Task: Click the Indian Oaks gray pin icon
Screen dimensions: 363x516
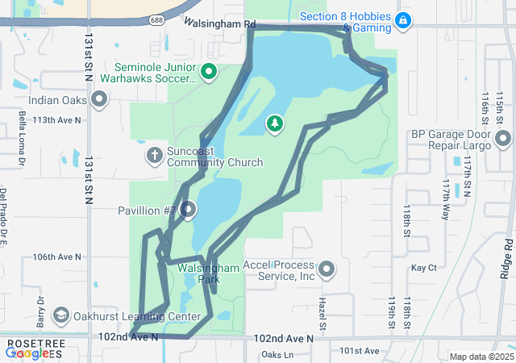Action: click(x=100, y=99)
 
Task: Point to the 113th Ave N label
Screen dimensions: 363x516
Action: click(x=57, y=120)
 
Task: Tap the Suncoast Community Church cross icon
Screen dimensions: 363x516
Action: click(x=154, y=154)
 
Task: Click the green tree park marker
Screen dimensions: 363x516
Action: click(x=275, y=123)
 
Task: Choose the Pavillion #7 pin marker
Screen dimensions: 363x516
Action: click(x=189, y=211)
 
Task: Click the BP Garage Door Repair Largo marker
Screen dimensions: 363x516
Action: click(x=503, y=140)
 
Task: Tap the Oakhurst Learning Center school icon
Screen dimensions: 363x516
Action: click(x=60, y=315)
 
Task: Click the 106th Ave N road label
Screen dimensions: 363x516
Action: click(x=57, y=257)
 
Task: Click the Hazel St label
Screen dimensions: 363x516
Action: click(x=322, y=307)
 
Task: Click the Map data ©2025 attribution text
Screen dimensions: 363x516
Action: click(x=481, y=357)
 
